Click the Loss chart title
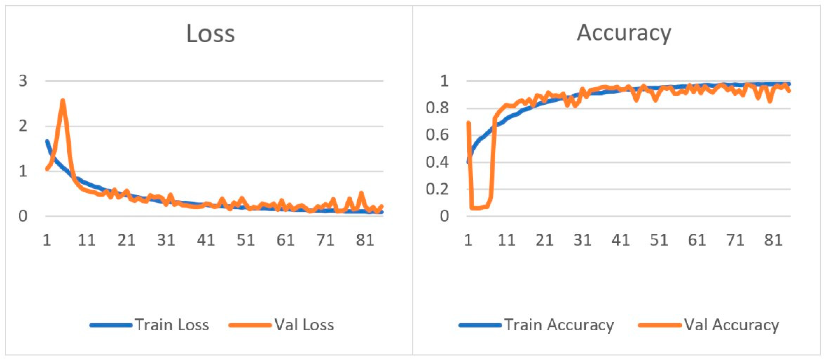[211, 34]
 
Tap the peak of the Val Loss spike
[63, 101]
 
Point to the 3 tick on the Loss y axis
[23, 81]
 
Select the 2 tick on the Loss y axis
[23, 126]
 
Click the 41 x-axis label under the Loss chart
[206, 240]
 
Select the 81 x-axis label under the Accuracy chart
[773, 240]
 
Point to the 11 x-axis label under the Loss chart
[87, 240]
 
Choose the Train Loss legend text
[172, 325]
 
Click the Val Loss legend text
[304, 325]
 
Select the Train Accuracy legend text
[559, 325]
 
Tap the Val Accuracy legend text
[732, 325]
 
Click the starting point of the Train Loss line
[47, 141]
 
